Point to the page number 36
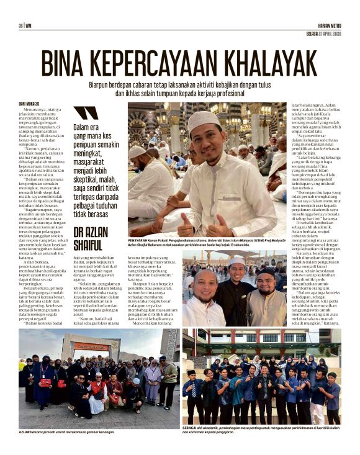[20, 25]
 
